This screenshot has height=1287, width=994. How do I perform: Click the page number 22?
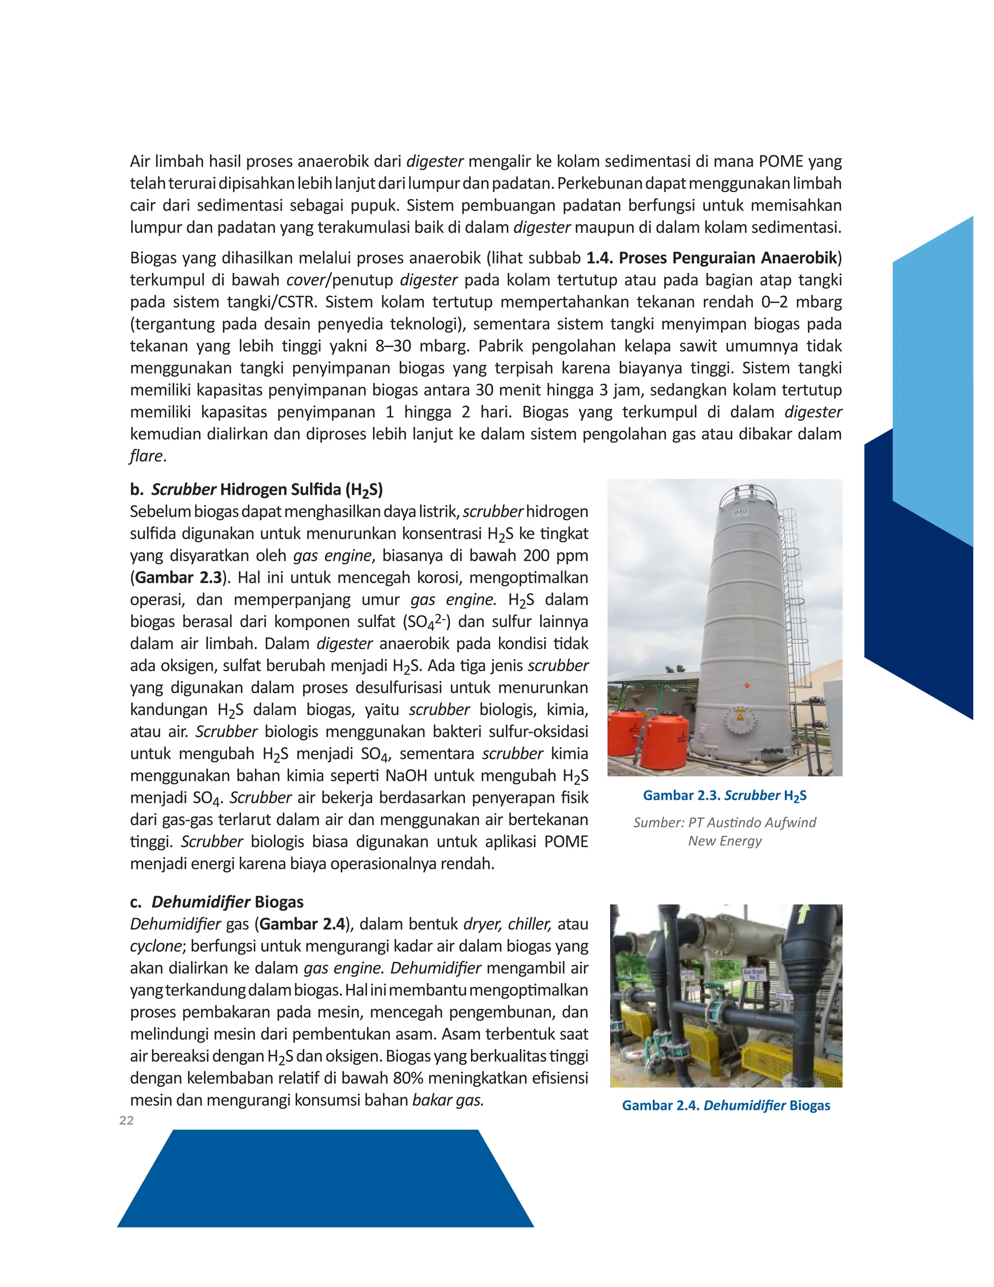(x=126, y=1120)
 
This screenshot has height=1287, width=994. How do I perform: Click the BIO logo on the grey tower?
(x=740, y=513)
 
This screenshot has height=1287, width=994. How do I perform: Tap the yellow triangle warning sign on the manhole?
(x=740, y=718)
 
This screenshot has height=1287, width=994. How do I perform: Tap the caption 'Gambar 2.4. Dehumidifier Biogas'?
(x=726, y=1105)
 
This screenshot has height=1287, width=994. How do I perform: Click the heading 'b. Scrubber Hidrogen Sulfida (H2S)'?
(x=256, y=490)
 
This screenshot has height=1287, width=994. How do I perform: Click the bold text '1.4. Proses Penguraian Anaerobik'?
(x=712, y=257)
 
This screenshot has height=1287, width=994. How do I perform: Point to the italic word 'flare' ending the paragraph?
(x=146, y=456)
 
